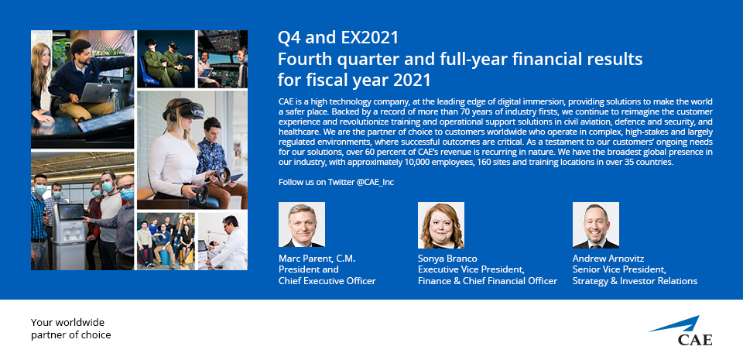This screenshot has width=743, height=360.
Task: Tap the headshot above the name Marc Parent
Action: [x=301, y=225]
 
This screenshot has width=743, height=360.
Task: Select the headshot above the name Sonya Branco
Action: [x=440, y=225]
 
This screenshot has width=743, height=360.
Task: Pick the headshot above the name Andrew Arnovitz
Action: [x=596, y=225]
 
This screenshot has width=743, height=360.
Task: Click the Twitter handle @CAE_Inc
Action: [x=375, y=182]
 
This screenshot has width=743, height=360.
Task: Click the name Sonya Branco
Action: [x=447, y=259]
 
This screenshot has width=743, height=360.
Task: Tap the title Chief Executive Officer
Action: [x=327, y=281]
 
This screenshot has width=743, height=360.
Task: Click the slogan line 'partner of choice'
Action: [x=71, y=335]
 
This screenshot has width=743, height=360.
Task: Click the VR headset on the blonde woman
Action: [x=184, y=111]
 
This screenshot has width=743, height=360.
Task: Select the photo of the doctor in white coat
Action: [x=222, y=241]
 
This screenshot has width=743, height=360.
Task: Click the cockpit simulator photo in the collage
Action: [x=222, y=59]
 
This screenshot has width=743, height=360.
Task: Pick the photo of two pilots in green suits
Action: [x=166, y=59]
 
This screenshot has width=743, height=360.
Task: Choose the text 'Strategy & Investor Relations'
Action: [x=635, y=281]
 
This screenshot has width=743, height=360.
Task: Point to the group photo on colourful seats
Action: [x=166, y=241]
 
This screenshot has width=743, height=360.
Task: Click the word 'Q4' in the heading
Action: [x=289, y=38]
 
